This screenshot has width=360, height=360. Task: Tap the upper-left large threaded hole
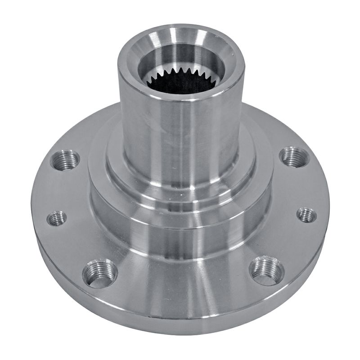(65, 160)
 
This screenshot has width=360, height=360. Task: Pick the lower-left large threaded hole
(99, 273)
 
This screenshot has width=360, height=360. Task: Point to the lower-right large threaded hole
(266, 270)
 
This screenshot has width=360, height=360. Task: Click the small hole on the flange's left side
(57, 218)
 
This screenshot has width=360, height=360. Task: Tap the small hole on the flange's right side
(306, 215)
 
